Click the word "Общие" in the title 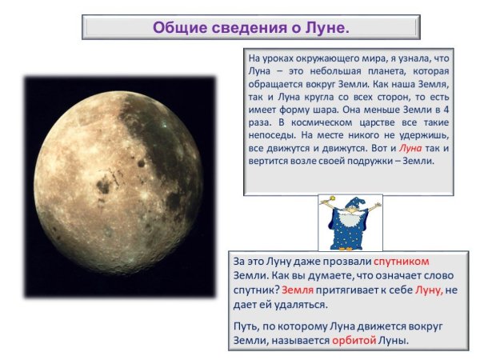tap(178, 27)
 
